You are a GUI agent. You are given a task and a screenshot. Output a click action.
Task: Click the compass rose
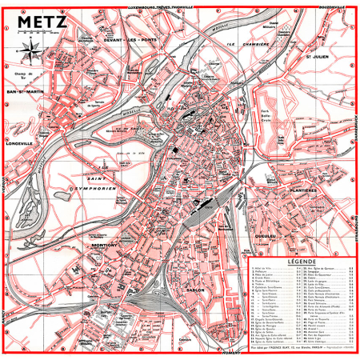coord(29,54)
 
